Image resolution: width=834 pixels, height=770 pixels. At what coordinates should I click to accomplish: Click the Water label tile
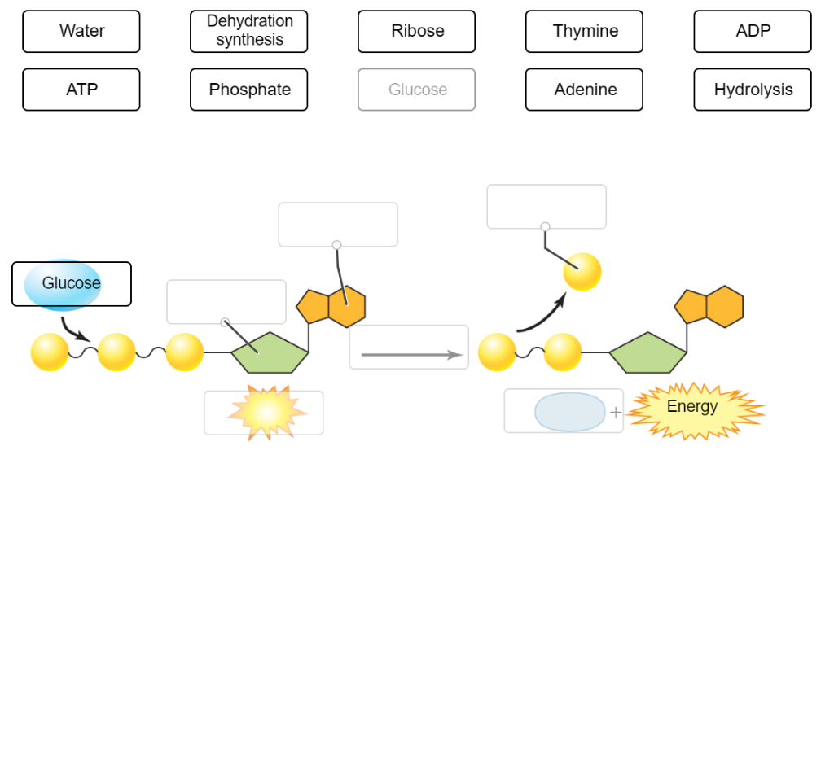pyautogui.click(x=81, y=32)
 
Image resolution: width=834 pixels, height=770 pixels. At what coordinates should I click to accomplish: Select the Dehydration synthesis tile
pyautogui.click(x=249, y=32)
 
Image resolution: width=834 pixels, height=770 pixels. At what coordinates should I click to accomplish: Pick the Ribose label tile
pyautogui.click(x=417, y=32)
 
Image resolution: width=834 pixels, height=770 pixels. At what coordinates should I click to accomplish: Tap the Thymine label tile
pyautogui.click(x=585, y=32)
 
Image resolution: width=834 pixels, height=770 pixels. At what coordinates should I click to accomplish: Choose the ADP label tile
pyautogui.click(x=753, y=32)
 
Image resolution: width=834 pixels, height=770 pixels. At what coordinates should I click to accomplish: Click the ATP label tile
pyautogui.click(x=81, y=90)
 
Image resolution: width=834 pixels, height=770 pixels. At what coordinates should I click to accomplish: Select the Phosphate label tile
pyautogui.click(x=249, y=90)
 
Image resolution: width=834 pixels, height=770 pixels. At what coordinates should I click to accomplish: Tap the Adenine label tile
pyautogui.click(x=585, y=90)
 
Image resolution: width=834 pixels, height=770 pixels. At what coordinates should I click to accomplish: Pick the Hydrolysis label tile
pyautogui.click(x=753, y=90)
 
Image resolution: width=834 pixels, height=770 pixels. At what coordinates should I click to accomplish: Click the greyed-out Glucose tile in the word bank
pyautogui.click(x=417, y=90)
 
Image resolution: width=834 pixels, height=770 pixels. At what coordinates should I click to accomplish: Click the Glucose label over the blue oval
pyautogui.click(x=72, y=284)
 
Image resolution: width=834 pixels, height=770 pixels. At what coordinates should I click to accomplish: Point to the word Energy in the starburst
pyautogui.click(x=692, y=406)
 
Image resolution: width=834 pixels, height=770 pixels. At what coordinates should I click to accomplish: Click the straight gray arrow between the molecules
pyautogui.click(x=410, y=355)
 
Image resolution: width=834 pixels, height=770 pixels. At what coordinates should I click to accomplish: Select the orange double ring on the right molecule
pyautogui.click(x=709, y=307)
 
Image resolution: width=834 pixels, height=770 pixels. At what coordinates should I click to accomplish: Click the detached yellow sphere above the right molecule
pyautogui.click(x=582, y=272)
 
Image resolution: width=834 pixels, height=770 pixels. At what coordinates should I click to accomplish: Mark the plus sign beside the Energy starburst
pyautogui.click(x=616, y=413)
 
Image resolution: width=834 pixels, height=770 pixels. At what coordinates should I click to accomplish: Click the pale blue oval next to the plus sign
pyautogui.click(x=570, y=412)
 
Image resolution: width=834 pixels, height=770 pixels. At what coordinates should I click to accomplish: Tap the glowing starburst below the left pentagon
pyautogui.click(x=266, y=413)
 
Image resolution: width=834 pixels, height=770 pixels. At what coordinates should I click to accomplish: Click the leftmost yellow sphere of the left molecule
pyautogui.click(x=50, y=352)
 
